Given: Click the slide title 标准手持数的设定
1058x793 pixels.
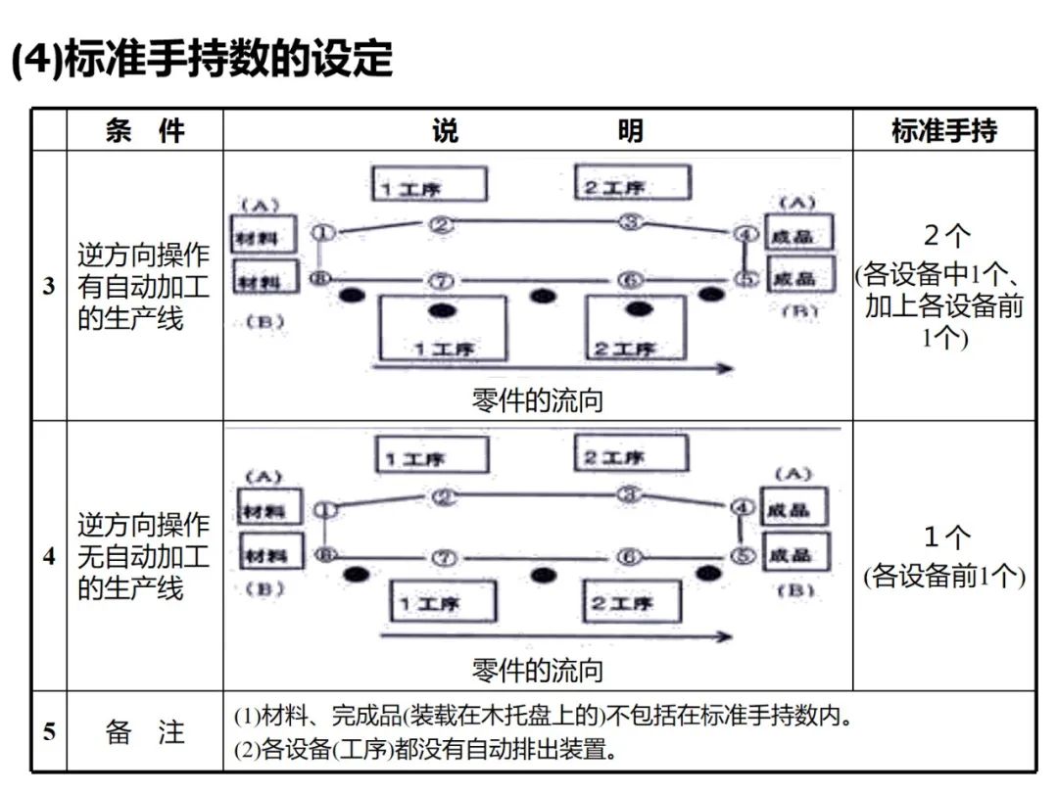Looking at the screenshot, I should (201, 59).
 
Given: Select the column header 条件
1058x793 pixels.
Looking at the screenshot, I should (144, 130).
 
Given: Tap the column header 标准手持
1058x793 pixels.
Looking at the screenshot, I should (943, 130).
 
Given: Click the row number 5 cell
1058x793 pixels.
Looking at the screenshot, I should (49, 731).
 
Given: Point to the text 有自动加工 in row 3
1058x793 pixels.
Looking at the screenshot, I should (143, 287).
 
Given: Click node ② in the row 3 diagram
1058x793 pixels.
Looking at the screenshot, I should (442, 225).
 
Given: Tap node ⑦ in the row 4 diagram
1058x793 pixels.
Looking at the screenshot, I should (445, 558).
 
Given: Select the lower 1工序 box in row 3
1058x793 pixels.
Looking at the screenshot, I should (443, 327).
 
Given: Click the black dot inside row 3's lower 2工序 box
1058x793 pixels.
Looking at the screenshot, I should (639, 309).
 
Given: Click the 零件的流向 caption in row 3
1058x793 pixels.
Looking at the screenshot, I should (537, 400).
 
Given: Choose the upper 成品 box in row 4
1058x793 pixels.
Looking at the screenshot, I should (795, 508).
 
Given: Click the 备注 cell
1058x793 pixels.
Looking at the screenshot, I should (144, 731).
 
